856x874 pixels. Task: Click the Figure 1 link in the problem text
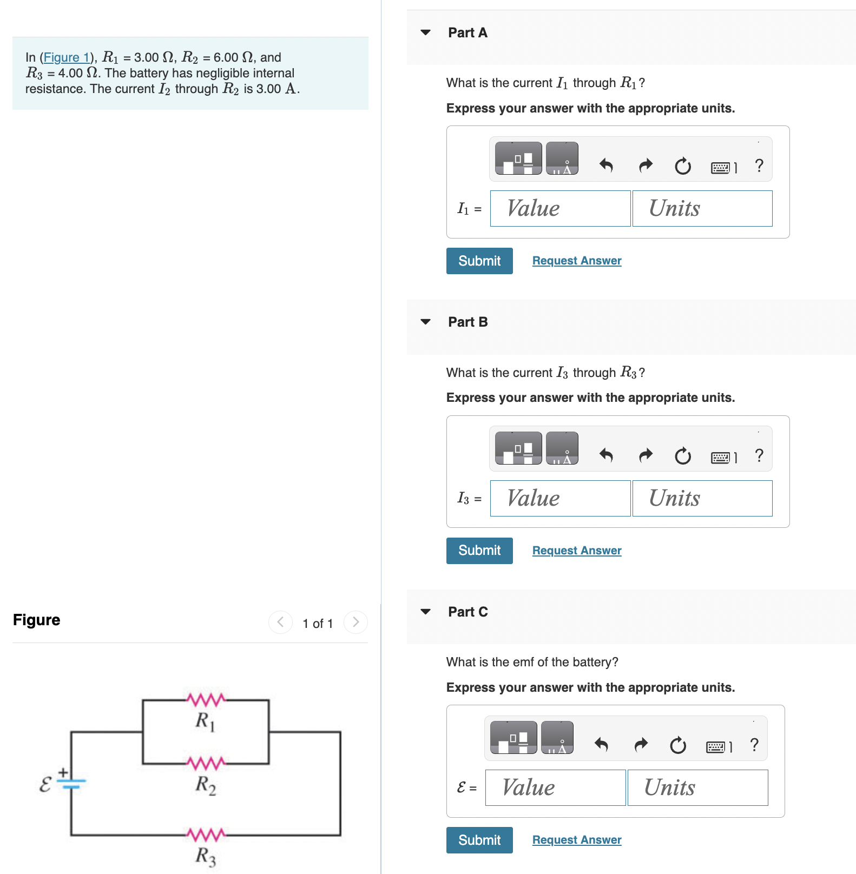pyautogui.click(x=66, y=57)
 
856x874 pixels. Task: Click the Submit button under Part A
pyautogui.click(x=479, y=261)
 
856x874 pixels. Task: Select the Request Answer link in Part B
pyautogui.click(x=576, y=551)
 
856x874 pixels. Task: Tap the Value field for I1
pyautogui.click(x=560, y=209)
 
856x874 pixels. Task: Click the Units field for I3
pyautogui.click(x=702, y=499)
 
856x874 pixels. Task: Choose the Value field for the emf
pyautogui.click(x=555, y=788)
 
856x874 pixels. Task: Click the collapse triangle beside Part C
pyautogui.click(x=426, y=612)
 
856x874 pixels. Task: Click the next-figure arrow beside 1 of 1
pyautogui.click(x=355, y=622)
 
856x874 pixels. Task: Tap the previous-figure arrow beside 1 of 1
pyautogui.click(x=280, y=622)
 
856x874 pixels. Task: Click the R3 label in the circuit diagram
pyautogui.click(x=206, y=856)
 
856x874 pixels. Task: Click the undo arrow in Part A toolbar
pyautogui.click(x=606, y=165)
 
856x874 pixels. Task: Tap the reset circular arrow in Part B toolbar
pyautogui.click(x=682, y=456)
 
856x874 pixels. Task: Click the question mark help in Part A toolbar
pyautogui.click(x=759, y=165)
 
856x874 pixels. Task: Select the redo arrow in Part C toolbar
pyautogui.click(x=641, y=745)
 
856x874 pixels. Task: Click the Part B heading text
pyautogui.click(x=467, y=322)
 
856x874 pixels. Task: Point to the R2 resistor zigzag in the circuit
pyautogui.click(x=206, y=763)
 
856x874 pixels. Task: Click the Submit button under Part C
pyautogui.click(x=479, y=840)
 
